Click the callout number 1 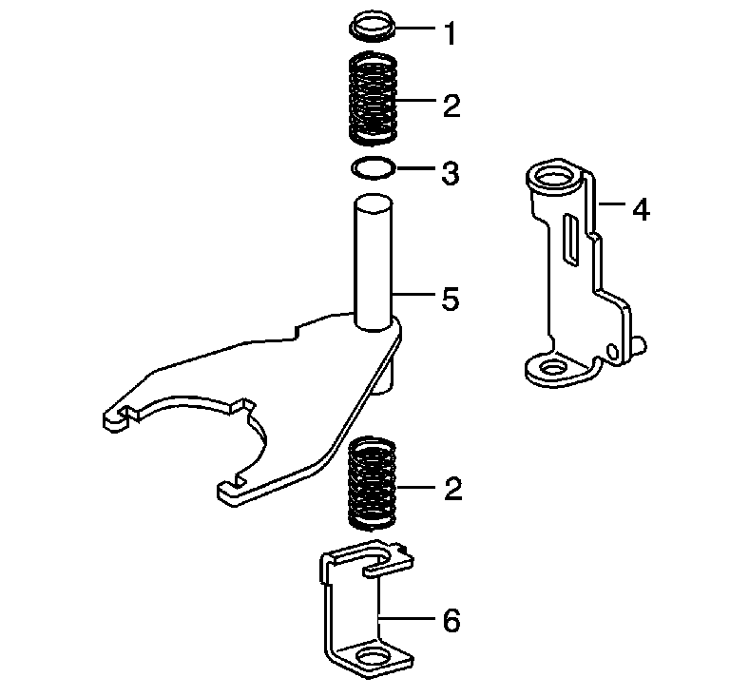pyautogui.click(x=450, y=34)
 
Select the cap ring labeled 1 pyautogui.click(x=373, y=28)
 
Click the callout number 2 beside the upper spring pyautogui.click(x=451, y=106)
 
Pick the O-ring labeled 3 pyautogui.click(x=373, y=167)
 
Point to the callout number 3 pyautogui.click(x=451, y=173)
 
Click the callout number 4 pyautogui.click(x=641, y=209)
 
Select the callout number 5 pyautogui.click(x=451, y=299)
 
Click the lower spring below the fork pyautogui.click(x=373, y=483)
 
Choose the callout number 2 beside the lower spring pyautogui.click(x=452, y=489)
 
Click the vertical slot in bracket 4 pyautogui.click(x=572, y=241)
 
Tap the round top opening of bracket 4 pyautogui.click(x=554, y=178)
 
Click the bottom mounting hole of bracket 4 pyautogui.click(x=552, y=369)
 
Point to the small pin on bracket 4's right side pyautogui.click(x=640, y=344)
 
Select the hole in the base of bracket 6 pyautogui.click(x=373, y=656)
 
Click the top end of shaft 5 pyautogui.click(x=373, y=203)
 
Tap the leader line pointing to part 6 pyautogui.click(x=407, y=619)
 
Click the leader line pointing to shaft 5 pyautogui.click(x=413, y=294)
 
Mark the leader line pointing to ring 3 pyautogui.click(x=415, y=167)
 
